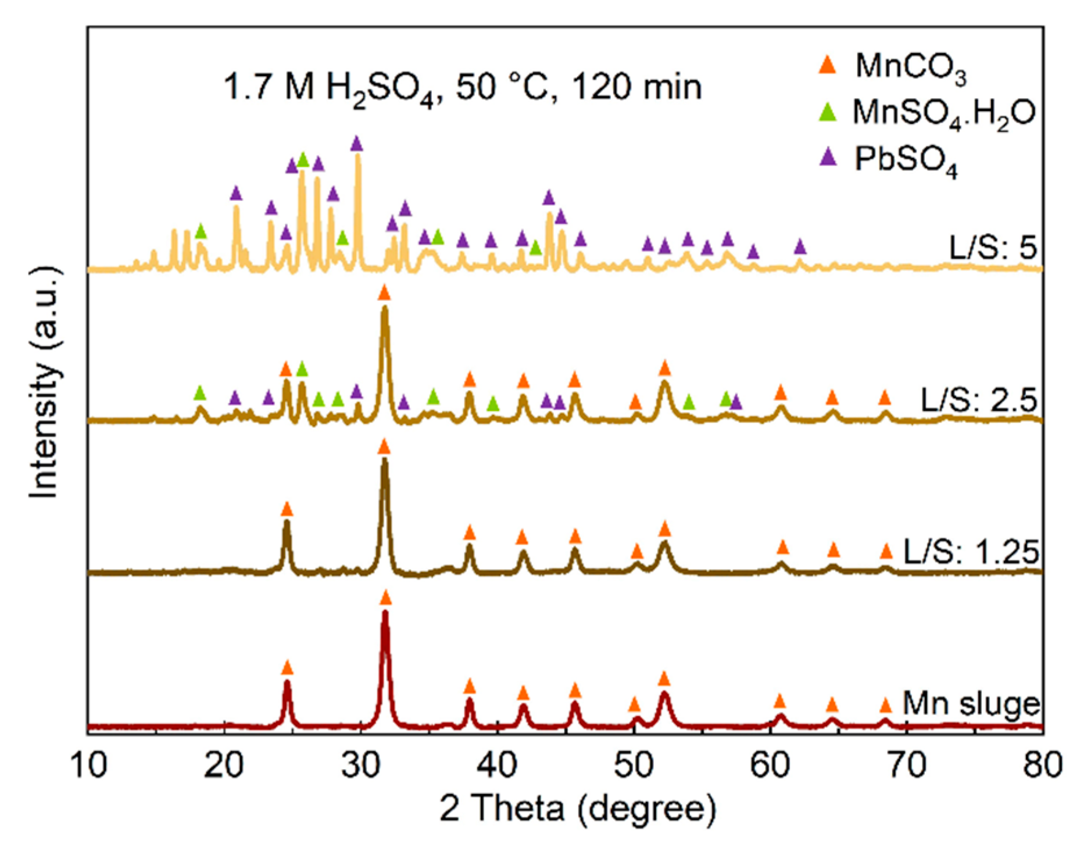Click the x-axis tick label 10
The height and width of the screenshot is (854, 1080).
(x=88, y=766)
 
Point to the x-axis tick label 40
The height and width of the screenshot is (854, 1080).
(x=497, y=766)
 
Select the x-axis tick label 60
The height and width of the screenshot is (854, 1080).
(x=770, y=766)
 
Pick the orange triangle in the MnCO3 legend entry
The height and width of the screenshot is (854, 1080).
(x=827, y=65)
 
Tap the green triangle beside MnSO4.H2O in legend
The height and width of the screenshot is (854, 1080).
(x=827, y=112)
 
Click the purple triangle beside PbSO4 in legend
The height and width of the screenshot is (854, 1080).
(x=827, y=157)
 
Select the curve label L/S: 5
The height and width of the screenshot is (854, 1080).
(x=993, y=248)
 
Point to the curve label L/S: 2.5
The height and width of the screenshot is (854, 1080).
(x=979, y=401)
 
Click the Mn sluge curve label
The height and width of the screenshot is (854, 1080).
(x=971, y=704)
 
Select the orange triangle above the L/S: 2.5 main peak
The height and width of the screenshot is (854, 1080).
(x=384, y=293)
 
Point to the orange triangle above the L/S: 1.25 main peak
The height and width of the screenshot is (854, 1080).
(x=384, y=447)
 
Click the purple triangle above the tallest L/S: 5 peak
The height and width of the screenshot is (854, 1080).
(x=357, y=143)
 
